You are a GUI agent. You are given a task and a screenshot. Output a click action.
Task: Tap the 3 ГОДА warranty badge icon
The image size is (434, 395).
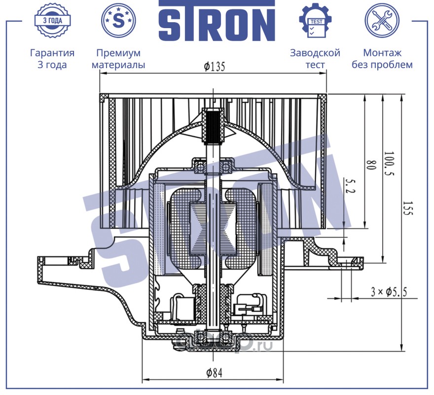click(x=52, y=20)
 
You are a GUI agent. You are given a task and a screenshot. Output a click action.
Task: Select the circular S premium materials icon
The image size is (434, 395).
click(x=118, y=20)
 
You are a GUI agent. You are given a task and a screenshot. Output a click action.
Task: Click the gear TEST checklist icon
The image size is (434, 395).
click(x=316, y=20)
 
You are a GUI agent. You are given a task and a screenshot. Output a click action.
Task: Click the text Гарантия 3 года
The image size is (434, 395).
click(x=52, y=59)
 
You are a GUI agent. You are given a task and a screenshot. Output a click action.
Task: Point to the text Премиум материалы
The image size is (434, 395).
click(x=118, y=59)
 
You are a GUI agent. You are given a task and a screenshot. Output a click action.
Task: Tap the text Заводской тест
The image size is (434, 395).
click(x=315, y=59)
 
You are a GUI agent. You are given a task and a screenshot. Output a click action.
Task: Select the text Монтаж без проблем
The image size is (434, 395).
click(x=382, y=59)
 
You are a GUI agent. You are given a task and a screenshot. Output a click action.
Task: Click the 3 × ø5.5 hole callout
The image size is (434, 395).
click(x=389, y=292)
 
